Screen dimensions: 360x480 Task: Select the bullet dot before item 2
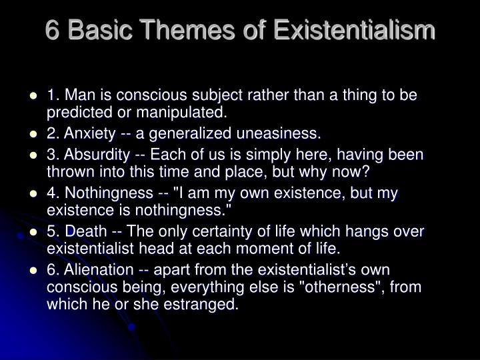(33, 134)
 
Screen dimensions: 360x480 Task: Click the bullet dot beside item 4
(33, 194)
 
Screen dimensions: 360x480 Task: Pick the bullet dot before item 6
(33, 271)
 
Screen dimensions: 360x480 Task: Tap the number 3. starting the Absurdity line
(53, 155)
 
